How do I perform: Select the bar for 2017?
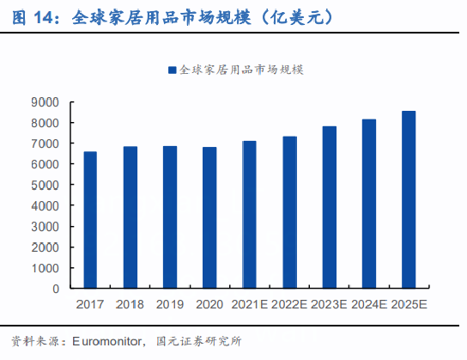click(90, 220)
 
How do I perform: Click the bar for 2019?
click(170, 217)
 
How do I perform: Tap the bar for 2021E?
click(250, 215)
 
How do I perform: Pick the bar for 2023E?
click(330, 207)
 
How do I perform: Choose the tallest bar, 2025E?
click(409, 199)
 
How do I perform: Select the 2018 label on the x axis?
click(130, 304)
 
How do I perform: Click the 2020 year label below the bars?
click(209, 304)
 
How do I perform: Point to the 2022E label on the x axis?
click(289, 304)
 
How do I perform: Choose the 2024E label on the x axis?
click(369, 304)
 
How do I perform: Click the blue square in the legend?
click(172, 70)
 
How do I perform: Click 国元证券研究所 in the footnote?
click(197, 342)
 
